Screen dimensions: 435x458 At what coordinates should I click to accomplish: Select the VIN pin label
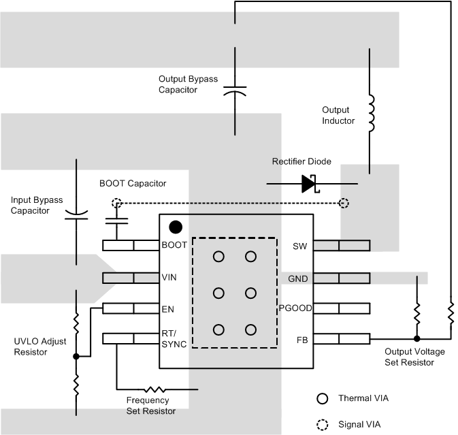click(x=169, y=278)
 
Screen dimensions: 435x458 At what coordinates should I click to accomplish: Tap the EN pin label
click(x=167, y=308)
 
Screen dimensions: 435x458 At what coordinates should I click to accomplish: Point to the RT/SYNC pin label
click(x=174, y=338)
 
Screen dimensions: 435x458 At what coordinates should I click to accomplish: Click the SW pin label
click(x=299, y=246)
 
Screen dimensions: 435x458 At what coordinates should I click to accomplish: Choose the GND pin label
click(x=298, y=278)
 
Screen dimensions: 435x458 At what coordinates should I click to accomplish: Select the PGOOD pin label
click(x=295, y=308)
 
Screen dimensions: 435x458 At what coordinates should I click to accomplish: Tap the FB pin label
click(x=301, y=339)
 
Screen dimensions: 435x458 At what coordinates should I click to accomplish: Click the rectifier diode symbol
click(x=310, y=184)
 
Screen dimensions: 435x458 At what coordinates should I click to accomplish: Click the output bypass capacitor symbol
click(x=235, y=91)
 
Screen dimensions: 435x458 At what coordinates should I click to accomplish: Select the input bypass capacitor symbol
click(x=76, y=216)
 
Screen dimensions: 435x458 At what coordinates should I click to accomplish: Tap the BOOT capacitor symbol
click(x=117, y=221)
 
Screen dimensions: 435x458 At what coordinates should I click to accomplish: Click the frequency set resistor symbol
click(x=156, y=389)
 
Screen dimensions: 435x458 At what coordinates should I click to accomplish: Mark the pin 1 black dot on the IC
click(x=176, y=226)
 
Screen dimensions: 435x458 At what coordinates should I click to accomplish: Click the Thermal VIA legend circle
click(x=323, y=398)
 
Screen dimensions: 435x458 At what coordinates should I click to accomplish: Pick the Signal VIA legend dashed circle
click(x=323, y=424)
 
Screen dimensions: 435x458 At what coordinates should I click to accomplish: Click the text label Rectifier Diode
click(x=301, y=161)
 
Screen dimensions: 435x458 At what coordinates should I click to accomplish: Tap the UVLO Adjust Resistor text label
click(x=40, y=347)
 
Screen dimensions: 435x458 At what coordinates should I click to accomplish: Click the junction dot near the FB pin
click(x=416, y=338)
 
